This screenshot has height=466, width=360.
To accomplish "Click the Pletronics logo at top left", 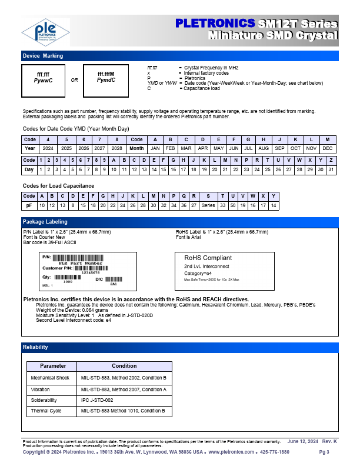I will click(45, 32).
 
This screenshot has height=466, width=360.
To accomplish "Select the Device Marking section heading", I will click(43, 56).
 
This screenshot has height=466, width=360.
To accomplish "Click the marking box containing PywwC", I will click(43, 77).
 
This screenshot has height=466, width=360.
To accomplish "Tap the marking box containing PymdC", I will click(106, 77).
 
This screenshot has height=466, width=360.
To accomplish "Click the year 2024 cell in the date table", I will click(48, 148).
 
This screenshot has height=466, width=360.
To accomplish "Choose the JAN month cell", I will click(155, 148).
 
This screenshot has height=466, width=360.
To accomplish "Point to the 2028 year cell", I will click(117, 148).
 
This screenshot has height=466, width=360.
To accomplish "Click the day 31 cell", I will click(331, 169).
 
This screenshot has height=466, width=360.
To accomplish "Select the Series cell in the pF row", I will click(208, 205).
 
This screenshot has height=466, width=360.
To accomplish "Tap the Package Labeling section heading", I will click(45, 222).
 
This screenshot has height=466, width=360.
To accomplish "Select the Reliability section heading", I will click(35, 347).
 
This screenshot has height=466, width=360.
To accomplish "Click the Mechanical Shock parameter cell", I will click(50, 378).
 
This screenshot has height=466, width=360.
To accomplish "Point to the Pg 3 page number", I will click(324, 452).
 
